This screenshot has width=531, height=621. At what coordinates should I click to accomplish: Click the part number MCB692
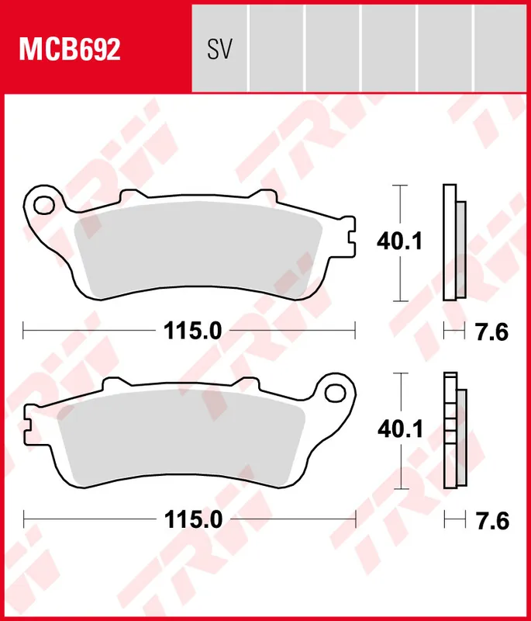(x=70, y=50)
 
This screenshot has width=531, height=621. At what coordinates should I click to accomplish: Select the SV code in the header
(x=220, y=50)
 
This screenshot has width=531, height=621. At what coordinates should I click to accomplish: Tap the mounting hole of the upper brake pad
(x=44, y=206)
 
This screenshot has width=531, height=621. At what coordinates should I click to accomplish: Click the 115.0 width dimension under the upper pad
(x=192, y=331)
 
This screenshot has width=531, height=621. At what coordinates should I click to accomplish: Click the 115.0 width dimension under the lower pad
(x=192, y=518)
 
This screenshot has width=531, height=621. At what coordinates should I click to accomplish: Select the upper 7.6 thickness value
(x=491, y=332)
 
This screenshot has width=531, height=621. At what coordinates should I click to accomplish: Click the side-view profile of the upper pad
(x=453, y=243)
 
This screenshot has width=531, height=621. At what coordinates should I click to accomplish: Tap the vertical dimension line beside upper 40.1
(x=399, y=279)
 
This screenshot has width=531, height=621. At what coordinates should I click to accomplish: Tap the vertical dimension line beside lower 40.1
(x=399, y=466)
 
